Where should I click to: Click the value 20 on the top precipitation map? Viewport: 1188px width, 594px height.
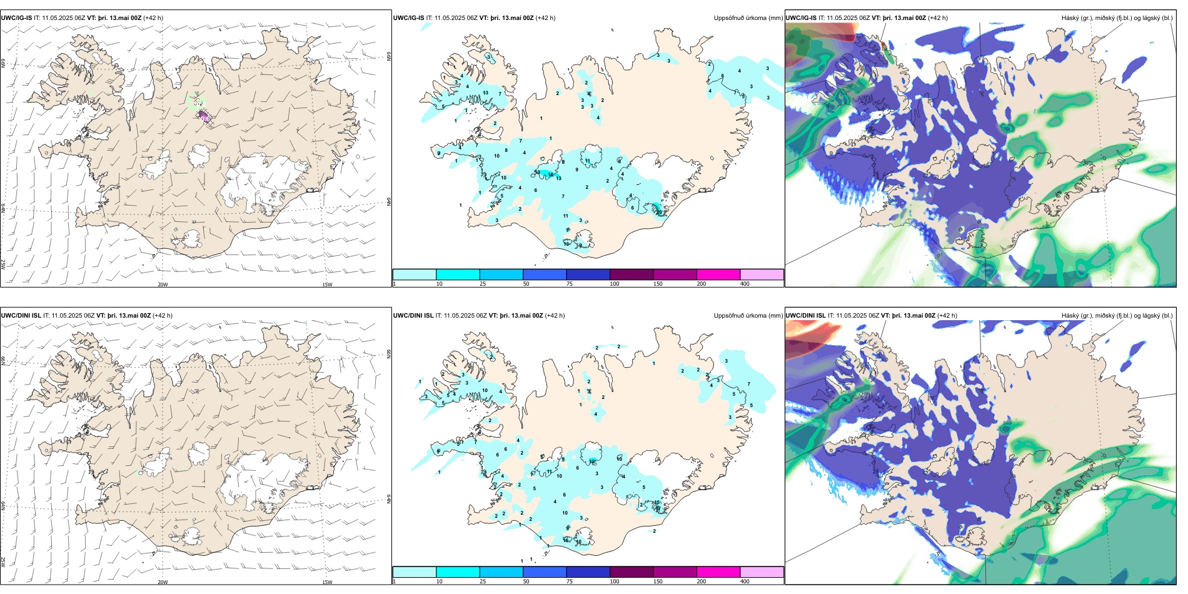click(659, 213)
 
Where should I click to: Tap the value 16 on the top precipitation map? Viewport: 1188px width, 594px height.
click(550, 175)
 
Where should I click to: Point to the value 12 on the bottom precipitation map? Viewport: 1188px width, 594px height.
click(591, 461)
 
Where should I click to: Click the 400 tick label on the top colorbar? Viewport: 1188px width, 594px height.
click(745, 284)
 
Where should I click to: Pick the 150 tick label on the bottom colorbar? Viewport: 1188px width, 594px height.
click(658, 581)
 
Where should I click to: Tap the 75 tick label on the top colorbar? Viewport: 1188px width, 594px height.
click(570, 284)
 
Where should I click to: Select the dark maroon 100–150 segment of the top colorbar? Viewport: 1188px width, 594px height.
click(632, 274)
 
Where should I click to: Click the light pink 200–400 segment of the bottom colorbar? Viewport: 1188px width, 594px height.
click(762, 572)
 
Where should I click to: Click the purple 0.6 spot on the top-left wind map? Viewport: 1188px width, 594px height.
click(204, 118)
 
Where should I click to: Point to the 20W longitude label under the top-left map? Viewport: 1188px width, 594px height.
click(163, 284)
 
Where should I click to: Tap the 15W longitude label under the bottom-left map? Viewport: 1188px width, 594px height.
click(327, 582)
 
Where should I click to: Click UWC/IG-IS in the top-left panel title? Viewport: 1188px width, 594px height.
click(16, 18)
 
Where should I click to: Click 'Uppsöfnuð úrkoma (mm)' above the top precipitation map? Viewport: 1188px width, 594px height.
click(748, 18)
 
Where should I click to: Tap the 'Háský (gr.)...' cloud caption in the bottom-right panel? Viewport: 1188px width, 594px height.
click(1117, 316)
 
